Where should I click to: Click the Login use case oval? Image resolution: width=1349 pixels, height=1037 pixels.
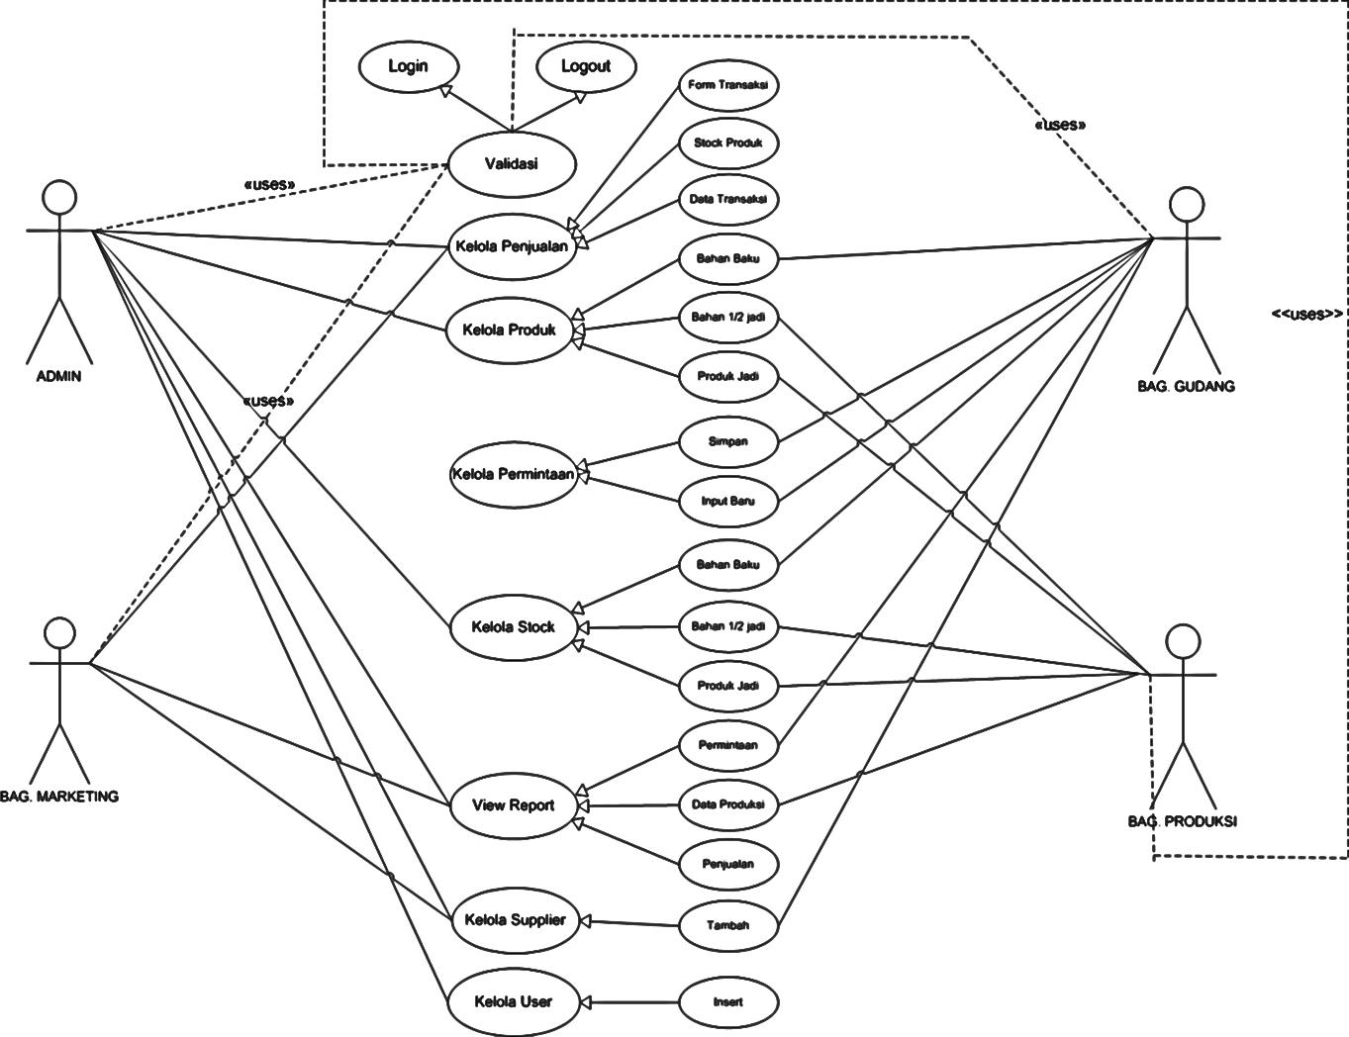(x=408, y=66)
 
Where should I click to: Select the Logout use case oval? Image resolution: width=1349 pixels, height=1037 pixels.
(x=585, y=66)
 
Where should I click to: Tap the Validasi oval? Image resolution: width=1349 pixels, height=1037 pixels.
(x=512, y=163)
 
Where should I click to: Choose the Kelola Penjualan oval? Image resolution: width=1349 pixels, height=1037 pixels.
(x=512, y=246)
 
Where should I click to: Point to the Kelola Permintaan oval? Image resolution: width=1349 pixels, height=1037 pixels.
(x=513, y=474)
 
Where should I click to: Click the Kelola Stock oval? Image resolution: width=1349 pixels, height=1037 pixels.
(x=513, y=626)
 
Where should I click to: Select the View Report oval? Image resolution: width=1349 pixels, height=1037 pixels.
(x=513, y=805)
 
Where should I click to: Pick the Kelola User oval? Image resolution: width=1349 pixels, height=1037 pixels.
(x=513, y=1001)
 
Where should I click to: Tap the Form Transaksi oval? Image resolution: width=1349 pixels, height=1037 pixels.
(x=728, y=85)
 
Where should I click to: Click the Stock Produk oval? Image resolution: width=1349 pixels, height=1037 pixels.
(x=728, y=143)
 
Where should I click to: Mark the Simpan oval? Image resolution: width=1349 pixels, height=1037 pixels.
(x=728, y=441)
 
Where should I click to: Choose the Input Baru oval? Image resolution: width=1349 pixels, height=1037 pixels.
(x=728, y=501)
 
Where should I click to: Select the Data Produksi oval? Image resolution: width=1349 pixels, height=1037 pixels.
(x=728, y=804)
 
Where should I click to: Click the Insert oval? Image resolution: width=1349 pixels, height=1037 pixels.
(x=728, y=1001)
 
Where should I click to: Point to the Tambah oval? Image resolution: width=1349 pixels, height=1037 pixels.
(x=728, y=925)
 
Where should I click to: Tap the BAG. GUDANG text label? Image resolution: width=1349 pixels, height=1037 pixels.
(x=1186, y=387)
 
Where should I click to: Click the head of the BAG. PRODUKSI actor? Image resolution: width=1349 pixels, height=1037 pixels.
(x=1183, y=640)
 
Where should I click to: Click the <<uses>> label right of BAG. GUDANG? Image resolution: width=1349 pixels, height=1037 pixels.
(x=1306, y=314)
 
